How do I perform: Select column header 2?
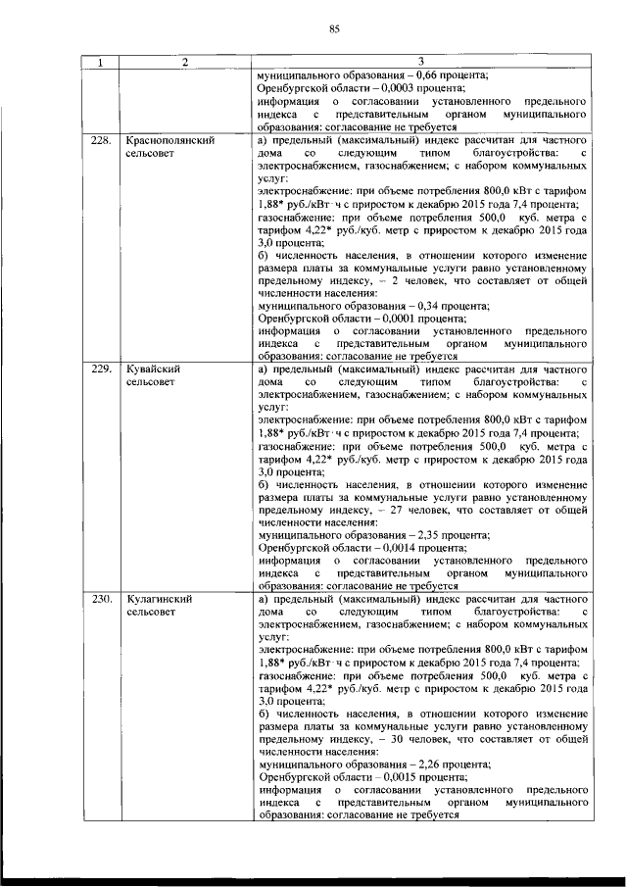click(x=183, y=64)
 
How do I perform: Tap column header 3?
click(x=421, y=64)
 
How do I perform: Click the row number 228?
click(x=98, y=141)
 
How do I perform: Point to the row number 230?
click(x=98, y=598)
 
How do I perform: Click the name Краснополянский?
click(x=171, y=141)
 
